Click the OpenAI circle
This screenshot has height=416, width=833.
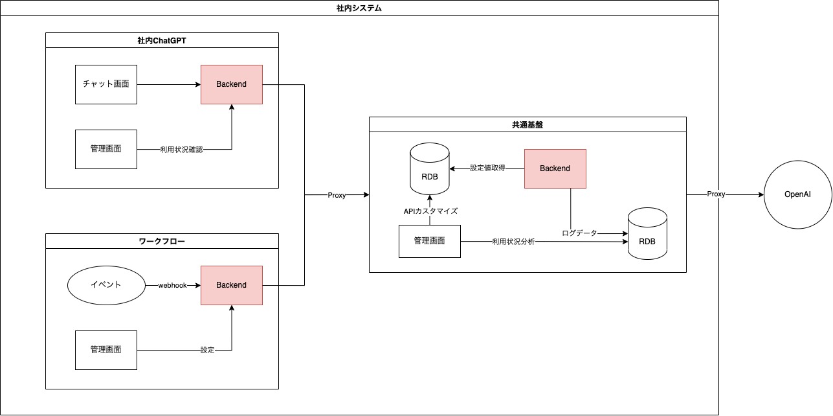[797, 195]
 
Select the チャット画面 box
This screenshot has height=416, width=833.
[106, 84]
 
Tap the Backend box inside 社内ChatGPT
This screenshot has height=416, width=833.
[231, 84]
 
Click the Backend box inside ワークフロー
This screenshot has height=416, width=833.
[231, 285]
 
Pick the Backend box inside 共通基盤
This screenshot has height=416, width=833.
[555, 168]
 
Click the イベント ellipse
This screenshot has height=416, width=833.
[106, 285]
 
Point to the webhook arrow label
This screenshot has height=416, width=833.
[172, 285]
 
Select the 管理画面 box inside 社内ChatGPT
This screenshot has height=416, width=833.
[106, 149]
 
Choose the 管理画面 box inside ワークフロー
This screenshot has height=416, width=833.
[106, 350]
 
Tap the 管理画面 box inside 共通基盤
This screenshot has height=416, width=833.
[429, 241]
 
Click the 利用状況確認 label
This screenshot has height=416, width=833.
[181, 150]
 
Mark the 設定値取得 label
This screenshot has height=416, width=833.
[487, 168]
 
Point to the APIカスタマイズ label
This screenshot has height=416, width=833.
[430, 211]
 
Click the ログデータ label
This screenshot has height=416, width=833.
[579, 233]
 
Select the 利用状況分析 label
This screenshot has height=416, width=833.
[513, 242]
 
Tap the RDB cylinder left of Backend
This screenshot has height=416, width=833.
[430, 169]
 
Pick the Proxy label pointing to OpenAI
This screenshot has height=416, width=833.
[715, 194]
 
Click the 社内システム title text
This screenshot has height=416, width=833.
[359, 8]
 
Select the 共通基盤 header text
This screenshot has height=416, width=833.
[527, 124]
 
